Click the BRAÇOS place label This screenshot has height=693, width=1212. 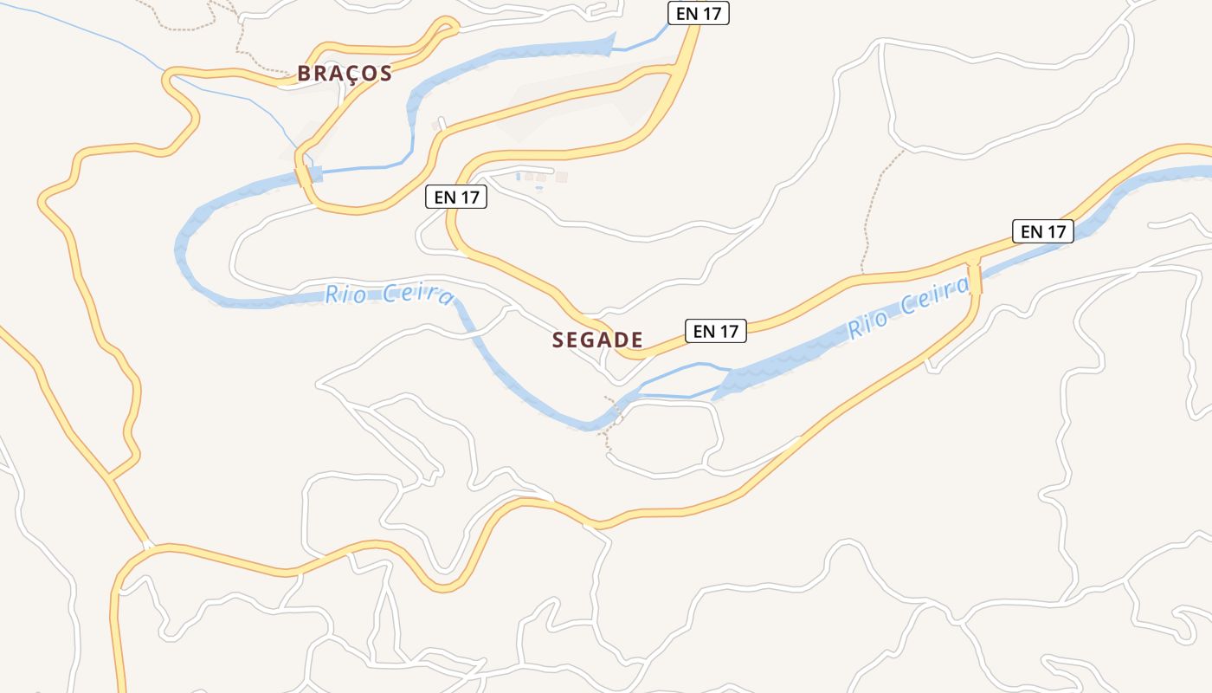point(345,74)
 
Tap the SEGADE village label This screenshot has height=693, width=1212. point(597,340)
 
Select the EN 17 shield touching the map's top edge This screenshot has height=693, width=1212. point(698,13)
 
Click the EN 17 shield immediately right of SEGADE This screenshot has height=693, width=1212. point(715,330)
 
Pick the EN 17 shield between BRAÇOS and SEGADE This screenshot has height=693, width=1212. point(456,197)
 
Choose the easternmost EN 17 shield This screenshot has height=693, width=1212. point(1042,231)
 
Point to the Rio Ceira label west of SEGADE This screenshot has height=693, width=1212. point(389,295)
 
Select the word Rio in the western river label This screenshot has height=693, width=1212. point(342,295)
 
